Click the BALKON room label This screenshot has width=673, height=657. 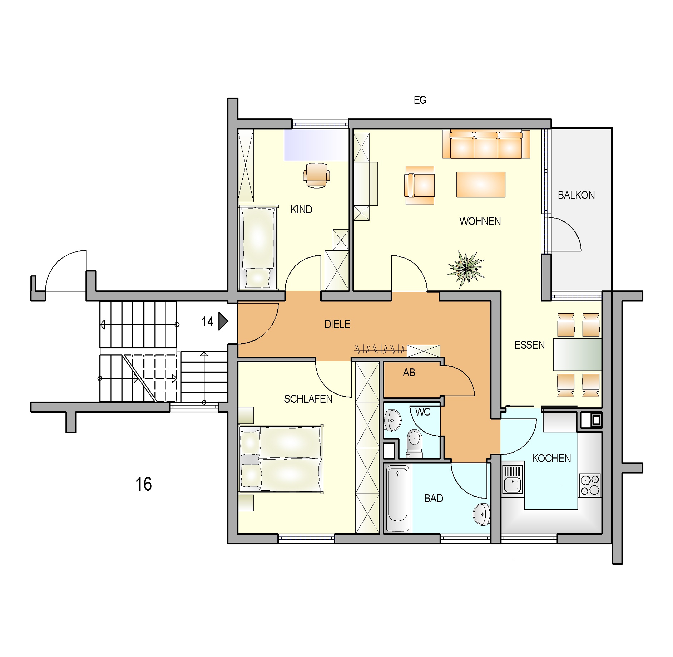coord(576,195)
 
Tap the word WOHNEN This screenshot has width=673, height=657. coord(480,221)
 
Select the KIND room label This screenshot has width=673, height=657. coord(301,210)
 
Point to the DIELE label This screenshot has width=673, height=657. coord(337,324)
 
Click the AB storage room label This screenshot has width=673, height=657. coord(409,373)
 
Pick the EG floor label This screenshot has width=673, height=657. coord(420,100)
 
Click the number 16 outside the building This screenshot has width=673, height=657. coord(144,484)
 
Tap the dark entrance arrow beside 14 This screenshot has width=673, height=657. coord(223,321)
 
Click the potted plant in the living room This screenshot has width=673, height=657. coord(466,269)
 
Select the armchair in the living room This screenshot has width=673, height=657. coord(419,185)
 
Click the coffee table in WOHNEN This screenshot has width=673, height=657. coord(481,185)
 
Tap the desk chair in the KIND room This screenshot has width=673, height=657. coord(316,175)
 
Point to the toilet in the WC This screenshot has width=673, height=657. coord(414,443)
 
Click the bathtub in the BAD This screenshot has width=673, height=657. coord(397,499)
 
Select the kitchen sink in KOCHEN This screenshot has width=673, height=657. coord(513,479)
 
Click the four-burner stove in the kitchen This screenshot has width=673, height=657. coord(590,485)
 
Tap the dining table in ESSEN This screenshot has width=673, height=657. coord(577,354)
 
